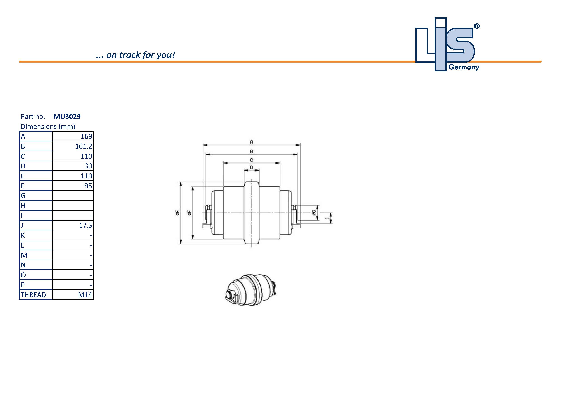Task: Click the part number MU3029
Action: pos(67,117)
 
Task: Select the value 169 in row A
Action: pos(86,136)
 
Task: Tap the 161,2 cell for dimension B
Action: pos(83,146)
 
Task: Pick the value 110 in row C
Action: pos(86,156)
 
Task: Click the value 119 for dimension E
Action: pos(86,176)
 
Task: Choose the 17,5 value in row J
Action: pos(85,226)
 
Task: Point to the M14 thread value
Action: pos(85,295)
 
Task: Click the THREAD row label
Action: pos(33,295)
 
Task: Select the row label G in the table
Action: pos(23,196)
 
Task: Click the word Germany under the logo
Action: pos(464,67)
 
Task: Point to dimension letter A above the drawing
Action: pos(252,142)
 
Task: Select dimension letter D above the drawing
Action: pos(252,167)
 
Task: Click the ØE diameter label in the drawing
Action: pos(178,213)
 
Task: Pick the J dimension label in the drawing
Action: pos(327,218)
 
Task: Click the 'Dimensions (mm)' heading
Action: pos(48,127)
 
